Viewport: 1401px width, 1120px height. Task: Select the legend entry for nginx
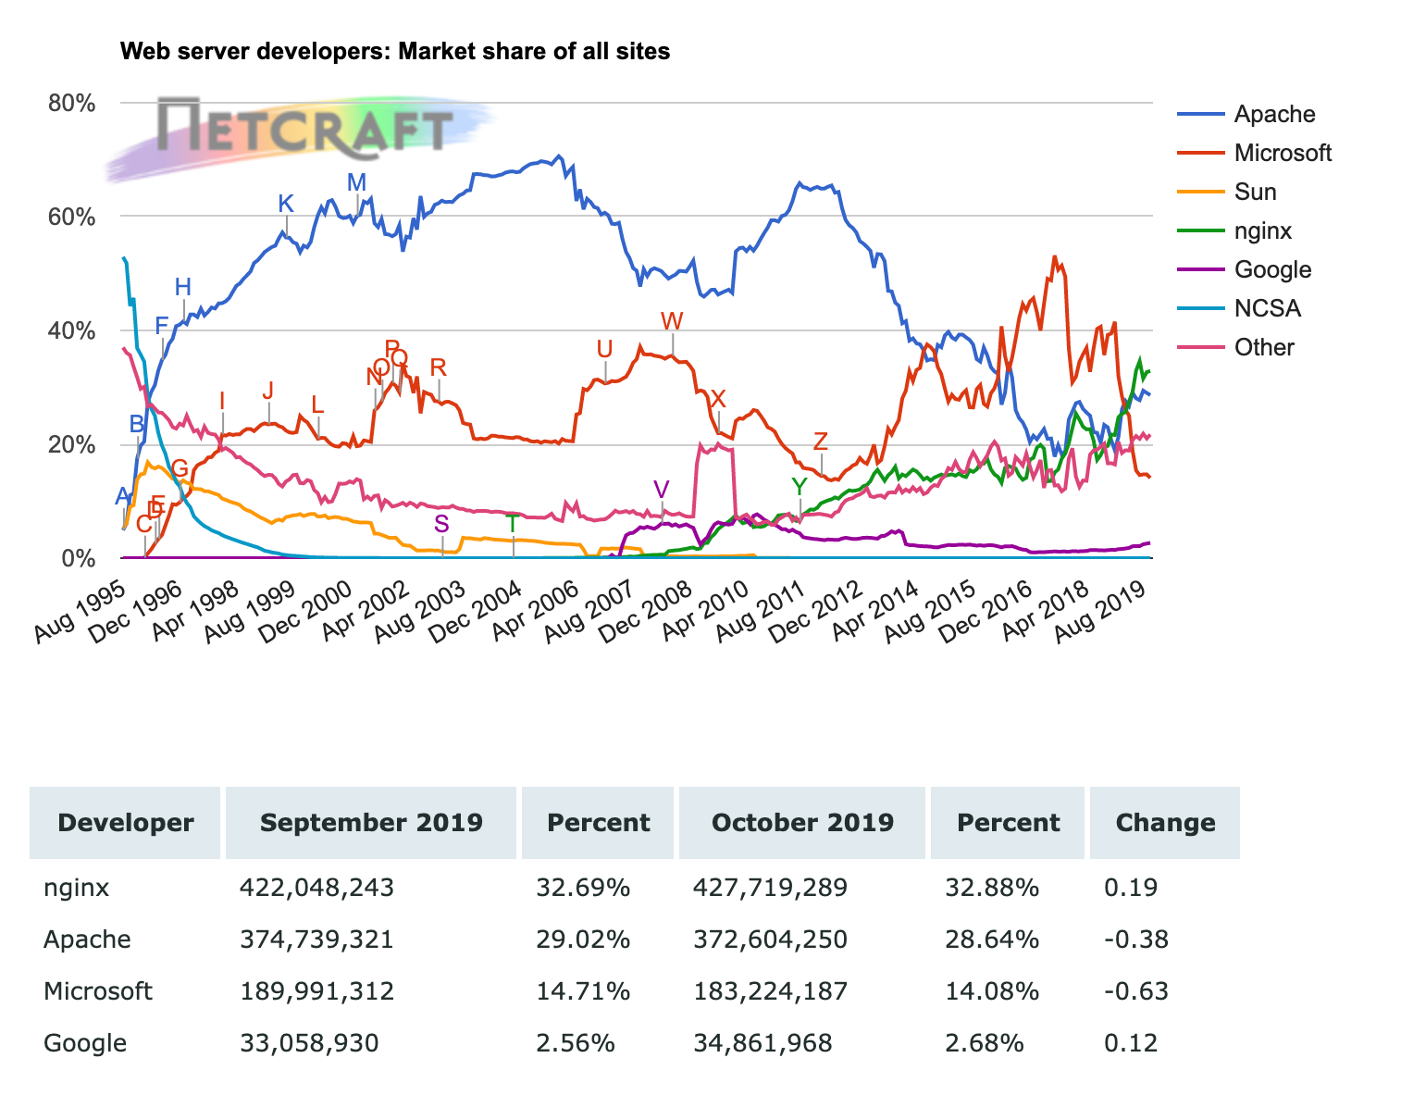pyautogui.click(x=1262, y=230)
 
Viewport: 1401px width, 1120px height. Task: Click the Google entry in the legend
pyautogui.click(x=1272, y=269)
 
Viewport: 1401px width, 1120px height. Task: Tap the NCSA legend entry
pyautogui.click(x=1267, y=308)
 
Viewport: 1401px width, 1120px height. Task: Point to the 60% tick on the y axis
pyautogui.click(x=72, y=217)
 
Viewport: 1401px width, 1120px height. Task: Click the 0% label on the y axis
pyautogui.click(x=78, y=558)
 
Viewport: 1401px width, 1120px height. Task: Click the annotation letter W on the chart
pyautogui.click(x=672, y=321)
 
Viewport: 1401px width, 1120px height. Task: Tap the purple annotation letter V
pyautogui.click(x=661, y=490)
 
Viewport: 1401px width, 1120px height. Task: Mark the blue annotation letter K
pyautogui.click(x=286, y=205)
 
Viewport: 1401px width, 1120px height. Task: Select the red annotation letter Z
pyautogui.click(x=820, y=442)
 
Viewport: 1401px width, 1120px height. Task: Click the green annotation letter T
pyautogui.click(x=512, y=524)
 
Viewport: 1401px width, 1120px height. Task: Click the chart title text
pyautogui.click(x=395, y=52)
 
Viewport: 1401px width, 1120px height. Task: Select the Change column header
pyautogui.click(x=1165, y=823)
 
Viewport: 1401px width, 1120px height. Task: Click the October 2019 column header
pyautogui.click(x=802, y=823)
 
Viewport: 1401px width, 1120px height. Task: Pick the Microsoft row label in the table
pyautogui.click(x=98, y=991)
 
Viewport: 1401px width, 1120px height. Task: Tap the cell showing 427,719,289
pyautogui.click(x=770, y=888)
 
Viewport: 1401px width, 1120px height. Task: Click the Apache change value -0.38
pyautogui.click(x=1136, y=940)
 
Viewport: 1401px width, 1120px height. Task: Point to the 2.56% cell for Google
pyautogui.click(x=576, y=1043)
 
